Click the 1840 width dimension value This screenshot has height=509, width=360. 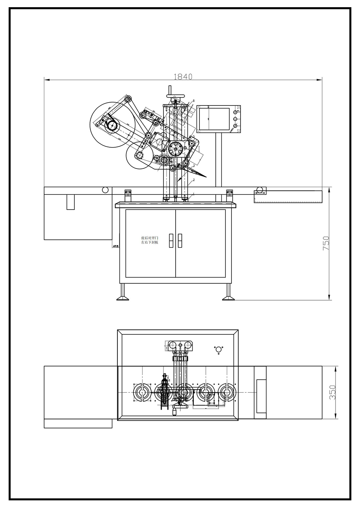pyautogui.click(x=183, y=76)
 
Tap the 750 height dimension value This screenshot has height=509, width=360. pyautogui.click(x=326, y=243)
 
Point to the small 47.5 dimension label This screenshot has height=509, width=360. pyautogui.click(x=116, y=246)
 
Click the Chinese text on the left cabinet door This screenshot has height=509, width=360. pyautogui.click(x=149, y=240)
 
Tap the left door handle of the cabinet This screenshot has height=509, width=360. pyautogui.click(x=171, y=241)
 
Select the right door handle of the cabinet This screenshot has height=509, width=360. pyautogui.click(x=180, y=241)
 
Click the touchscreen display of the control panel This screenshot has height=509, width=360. pyautogui.click(x=213, y=119)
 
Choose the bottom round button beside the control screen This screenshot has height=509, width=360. pyautogui.click(x=235, y=125)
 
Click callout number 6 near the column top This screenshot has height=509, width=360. pyautogui.click(x=194, y=101)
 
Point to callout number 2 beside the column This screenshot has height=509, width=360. pyautogui.click(x=194, y=180)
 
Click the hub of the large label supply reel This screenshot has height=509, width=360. pyautogui.click(x=111, y=126)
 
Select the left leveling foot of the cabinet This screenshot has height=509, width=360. pyautogui.click(x=123, y=297)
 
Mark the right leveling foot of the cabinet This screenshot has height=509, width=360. pyautogui.click(x=228, y=297)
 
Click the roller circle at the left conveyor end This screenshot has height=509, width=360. pyautogui.click(x=105, y=190)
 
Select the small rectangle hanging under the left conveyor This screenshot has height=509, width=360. pyautogui.click(x=71, y=202)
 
